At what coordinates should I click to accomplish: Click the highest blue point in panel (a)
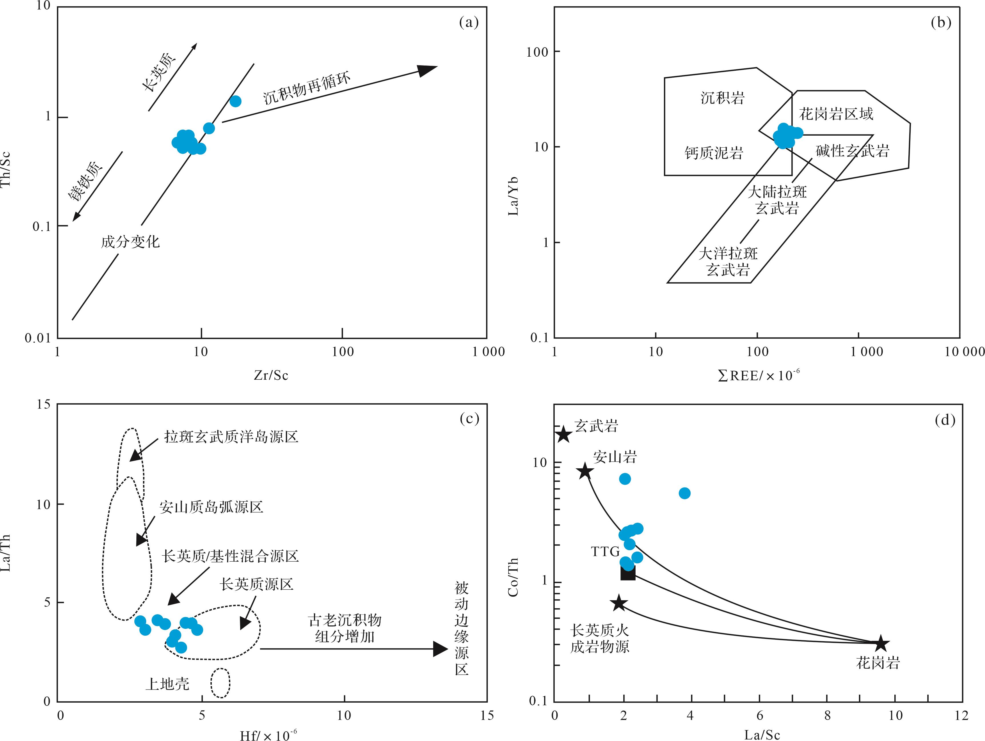(235, 101)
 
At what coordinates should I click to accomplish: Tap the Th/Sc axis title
(6, 170)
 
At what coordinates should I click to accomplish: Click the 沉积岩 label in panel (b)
(722, 98)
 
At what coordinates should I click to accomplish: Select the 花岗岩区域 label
(836, 114)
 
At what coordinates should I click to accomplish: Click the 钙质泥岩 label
(713, 153)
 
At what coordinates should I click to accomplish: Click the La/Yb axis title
(514, 196)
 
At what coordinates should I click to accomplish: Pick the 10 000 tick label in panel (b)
(964, 352)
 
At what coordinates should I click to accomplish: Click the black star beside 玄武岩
(564, 434)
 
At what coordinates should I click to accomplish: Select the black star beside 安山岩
(585, 471)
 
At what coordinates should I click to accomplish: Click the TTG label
(605, 552)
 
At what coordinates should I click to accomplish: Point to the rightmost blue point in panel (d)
(684, 493)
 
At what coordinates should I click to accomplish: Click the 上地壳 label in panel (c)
(168, 683)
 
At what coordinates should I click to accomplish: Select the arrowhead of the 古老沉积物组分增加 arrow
(440, 649)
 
